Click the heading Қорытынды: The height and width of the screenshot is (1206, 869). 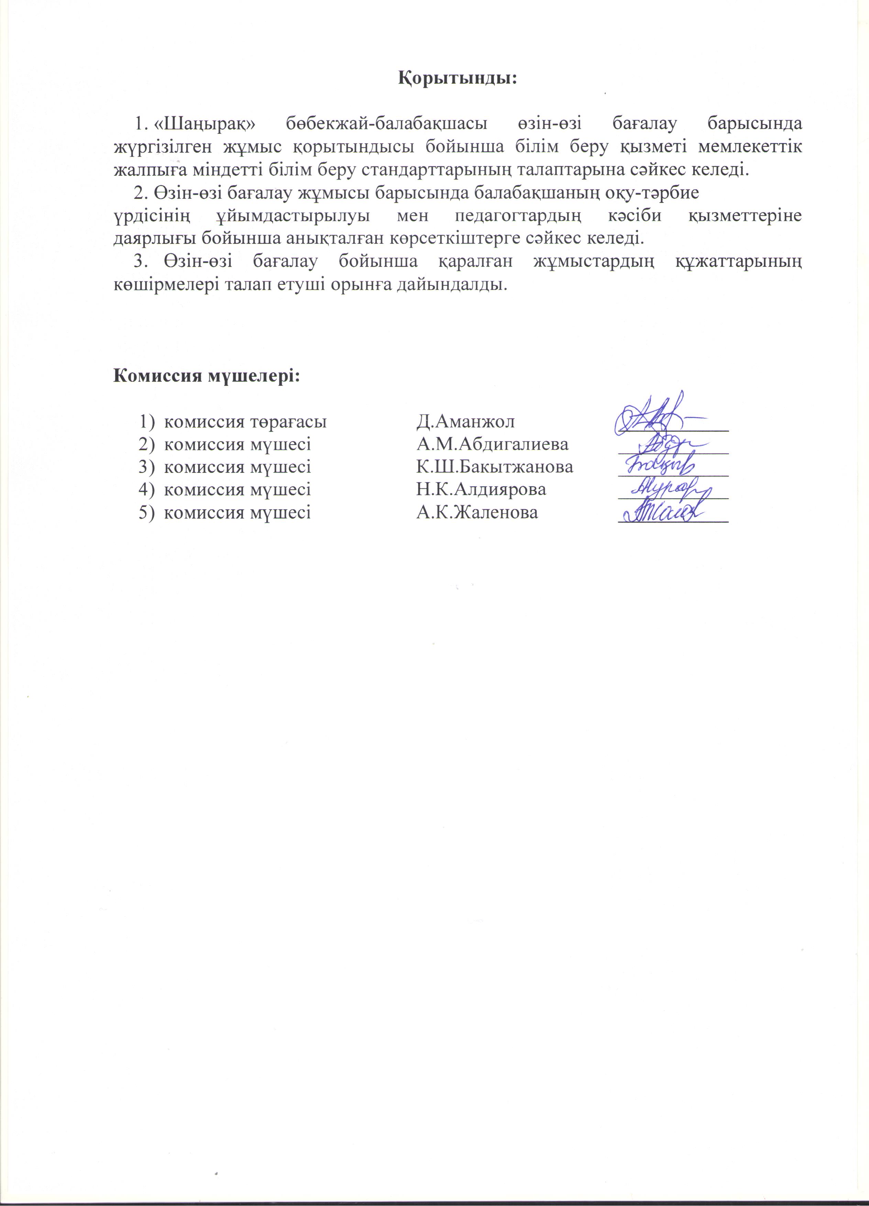point(458,78)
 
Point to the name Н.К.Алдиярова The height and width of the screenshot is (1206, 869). point(481,490)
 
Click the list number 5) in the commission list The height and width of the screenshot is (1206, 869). point(146,513)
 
